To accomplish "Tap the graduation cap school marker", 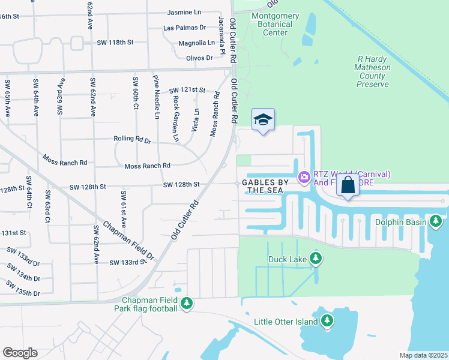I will click(262, 121).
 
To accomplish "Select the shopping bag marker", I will click(348, 185).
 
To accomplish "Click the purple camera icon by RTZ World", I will click(304, 176).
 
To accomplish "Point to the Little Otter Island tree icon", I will click(327, 321).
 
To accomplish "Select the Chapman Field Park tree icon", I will click(187, 304).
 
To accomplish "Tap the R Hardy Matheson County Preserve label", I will click(373, 72).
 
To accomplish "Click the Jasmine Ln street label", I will click(184, 12).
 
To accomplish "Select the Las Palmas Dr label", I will click(185, 28).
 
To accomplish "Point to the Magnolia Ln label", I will click(196, 43).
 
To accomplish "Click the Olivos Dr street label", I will click(199, 58).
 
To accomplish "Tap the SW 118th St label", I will click(115, 43).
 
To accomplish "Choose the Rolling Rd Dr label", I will click(132, 139).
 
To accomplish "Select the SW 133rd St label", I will click(128, 262).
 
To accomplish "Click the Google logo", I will click(20, 352).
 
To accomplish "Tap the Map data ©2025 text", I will click(423, 355).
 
